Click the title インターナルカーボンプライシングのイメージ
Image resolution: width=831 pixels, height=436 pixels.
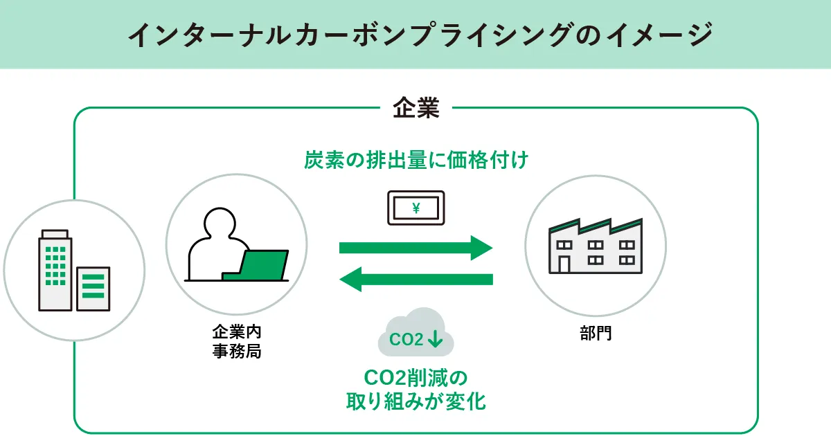[x=415, y=35]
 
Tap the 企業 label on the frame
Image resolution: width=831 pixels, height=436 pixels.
[x=415, y=108]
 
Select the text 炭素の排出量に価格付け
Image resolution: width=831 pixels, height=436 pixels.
[x=415, y=161]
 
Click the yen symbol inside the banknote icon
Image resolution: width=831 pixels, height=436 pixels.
[x=415, y=207]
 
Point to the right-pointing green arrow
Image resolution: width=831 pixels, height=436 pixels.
[x=415, y=248]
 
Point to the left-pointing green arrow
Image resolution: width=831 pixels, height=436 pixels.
[x=415, y=280]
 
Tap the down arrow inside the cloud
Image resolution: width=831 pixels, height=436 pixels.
[x=436, y=339]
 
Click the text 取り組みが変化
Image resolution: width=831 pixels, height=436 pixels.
[x=415, y=402]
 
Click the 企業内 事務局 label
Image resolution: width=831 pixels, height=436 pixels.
[x=236, y=342]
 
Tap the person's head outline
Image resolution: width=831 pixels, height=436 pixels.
[x=223, y=224]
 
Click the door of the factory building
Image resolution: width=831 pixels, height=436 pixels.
[x=564, y=264]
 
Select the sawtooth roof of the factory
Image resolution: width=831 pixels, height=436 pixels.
[x=596, y=227]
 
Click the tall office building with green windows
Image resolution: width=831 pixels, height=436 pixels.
[x=55, y=270]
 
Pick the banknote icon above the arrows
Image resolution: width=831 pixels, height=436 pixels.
[x=415, y=207]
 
